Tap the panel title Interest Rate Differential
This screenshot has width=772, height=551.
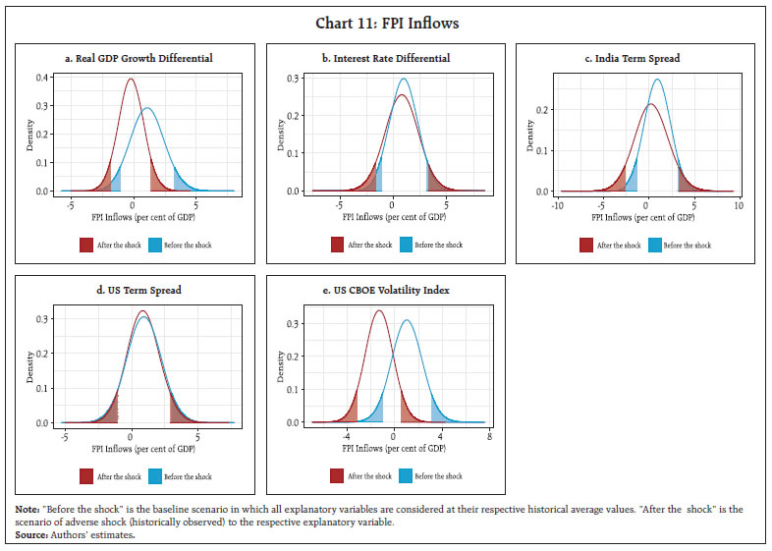pos(386,59)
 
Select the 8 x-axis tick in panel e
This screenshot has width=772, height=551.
pos(488,437)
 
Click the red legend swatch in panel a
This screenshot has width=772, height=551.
pos(87,245)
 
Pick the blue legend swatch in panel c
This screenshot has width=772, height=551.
pos(654,245)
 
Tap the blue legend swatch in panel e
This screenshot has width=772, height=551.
pos(405,476)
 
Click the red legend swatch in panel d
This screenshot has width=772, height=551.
pos(87,476)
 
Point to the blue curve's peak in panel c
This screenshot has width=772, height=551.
pos(657,80)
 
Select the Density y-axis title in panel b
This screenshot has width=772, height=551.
pos(278,136)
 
